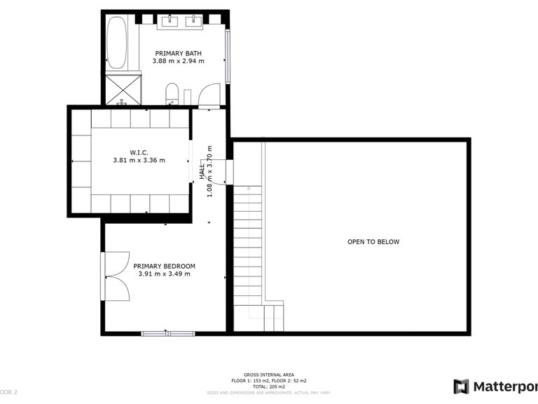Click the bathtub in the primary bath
coord(117,43)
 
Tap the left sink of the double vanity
coord(170,22)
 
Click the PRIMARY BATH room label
coord(179,53)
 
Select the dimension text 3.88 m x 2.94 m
coord(179,62)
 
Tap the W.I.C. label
coord(139,151)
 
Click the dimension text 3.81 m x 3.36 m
coord(139,161)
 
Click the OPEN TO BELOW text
coord(373,242)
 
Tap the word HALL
coord(202,172)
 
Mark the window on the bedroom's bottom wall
coord(167,332)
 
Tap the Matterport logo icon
coord(461,386)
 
